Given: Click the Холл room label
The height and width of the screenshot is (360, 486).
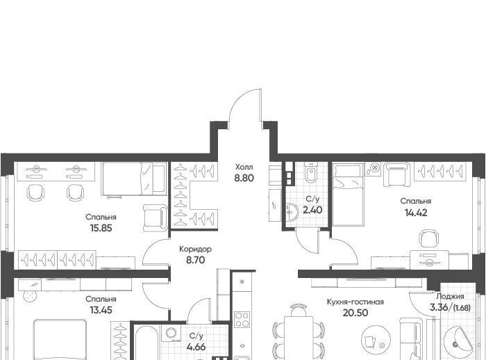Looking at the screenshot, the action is click(244, 167).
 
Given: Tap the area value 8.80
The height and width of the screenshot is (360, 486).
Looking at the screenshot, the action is click(244, 178).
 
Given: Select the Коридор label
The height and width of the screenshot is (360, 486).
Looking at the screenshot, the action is click(196, 249).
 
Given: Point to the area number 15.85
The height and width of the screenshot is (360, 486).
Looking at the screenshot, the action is click(101, 229).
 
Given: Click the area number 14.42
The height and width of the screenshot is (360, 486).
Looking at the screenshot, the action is click(416, 213).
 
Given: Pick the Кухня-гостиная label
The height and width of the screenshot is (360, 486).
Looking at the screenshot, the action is click(355, 302).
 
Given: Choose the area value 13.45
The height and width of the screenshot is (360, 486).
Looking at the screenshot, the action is click(101, 310).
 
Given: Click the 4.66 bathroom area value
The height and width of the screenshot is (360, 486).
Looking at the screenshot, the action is click(196, 347).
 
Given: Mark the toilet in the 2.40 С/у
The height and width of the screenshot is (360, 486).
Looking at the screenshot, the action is click(310, 173).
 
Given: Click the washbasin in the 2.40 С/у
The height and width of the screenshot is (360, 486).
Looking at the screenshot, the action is click(292, 212).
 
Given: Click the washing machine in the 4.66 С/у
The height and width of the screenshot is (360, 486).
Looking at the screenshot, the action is click(171, 333).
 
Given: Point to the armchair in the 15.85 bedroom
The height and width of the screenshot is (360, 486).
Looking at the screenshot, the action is click(156, 218).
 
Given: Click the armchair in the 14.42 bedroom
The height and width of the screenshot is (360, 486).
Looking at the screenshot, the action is click(396, 174).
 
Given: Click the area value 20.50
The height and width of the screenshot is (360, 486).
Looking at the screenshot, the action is click(355, 313).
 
